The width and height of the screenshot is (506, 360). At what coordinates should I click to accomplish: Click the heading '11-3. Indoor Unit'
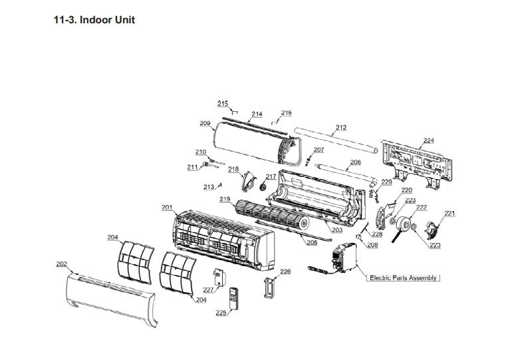tap(94, 20)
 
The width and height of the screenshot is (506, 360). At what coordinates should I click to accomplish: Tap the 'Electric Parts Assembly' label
tap(403, 277)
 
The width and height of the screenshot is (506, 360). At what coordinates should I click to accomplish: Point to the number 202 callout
tap(61, 264)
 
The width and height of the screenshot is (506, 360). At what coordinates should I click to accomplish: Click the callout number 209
tap(205, 123)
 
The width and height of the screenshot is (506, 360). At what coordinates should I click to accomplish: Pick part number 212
tap(341, 127)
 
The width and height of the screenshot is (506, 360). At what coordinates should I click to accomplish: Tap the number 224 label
tap(428, 140)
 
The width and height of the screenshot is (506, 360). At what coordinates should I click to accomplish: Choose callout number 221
tap(449, 213)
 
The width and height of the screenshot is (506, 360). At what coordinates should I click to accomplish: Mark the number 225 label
tap(221, 312)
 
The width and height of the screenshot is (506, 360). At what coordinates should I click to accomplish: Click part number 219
tap(225, 199)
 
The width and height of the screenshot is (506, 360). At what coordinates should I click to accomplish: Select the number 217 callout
tap(271, 176)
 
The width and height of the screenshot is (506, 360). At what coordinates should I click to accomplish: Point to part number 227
tap(207, 289)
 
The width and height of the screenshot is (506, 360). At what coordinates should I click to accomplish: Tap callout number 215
tap(223, 103)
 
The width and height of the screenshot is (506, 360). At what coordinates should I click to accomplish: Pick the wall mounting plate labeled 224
tap(417, 162)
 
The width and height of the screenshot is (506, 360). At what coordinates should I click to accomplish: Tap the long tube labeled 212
tap(339, 144)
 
